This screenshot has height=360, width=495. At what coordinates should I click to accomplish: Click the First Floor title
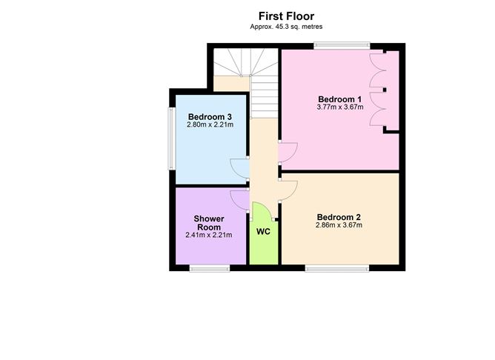point(286,16)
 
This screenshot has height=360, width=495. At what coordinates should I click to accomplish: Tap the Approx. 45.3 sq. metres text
point(286,27)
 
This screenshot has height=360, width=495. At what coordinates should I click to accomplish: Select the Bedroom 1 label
point(339,99)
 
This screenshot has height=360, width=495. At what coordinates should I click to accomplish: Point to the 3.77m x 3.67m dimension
point(340,107)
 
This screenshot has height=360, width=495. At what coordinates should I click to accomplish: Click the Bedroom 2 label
point(339,217)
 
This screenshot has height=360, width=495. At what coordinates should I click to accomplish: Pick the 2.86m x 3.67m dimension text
point(339,225)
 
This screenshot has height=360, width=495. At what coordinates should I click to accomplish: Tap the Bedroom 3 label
point(210,117)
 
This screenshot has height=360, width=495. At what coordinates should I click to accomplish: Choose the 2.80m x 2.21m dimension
point(210,124)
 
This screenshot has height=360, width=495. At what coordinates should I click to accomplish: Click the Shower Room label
point(209,223)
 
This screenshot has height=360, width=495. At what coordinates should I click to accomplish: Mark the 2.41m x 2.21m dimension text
point(209,235)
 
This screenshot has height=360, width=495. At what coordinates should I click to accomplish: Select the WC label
point(263,232)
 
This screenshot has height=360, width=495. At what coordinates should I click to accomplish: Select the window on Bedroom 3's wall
point(171,139)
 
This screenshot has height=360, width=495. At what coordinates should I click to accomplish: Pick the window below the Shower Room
point(210,268)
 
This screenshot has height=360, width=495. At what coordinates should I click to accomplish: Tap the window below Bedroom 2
point(337,268)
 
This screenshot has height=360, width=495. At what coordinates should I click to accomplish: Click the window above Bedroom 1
point(342,45)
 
